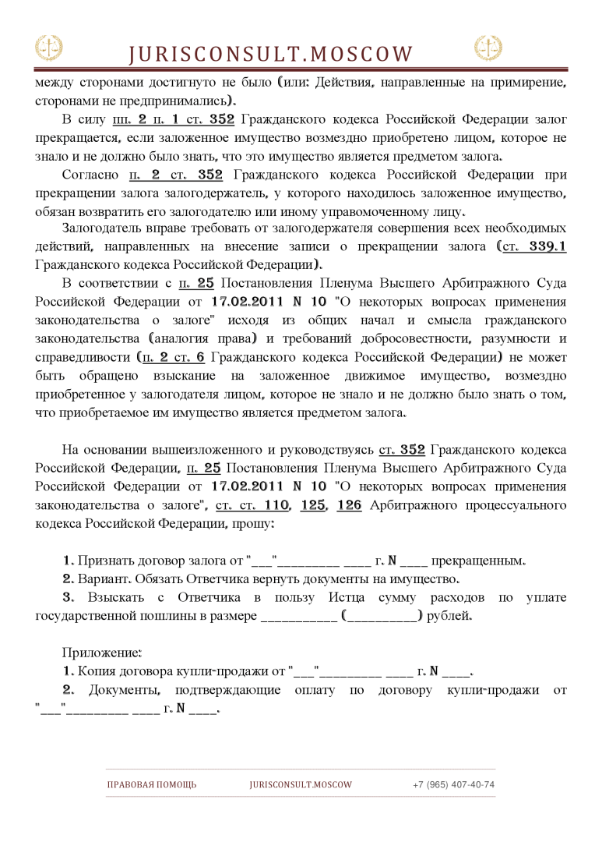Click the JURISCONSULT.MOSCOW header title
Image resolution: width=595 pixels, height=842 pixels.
pyautogui.click(x=270, y=53)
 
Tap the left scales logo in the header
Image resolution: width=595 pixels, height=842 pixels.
pyautogui.click(x=48, y=48)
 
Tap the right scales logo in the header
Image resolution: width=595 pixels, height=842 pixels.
pyautogui.click(x=488, y=48)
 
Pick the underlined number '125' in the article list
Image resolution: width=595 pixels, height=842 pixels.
pyautogui.click(x=312, y=505)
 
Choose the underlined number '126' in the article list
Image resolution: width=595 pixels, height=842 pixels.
pyautogui.click(x=349, y=505)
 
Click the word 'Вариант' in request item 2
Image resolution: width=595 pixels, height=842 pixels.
pyautogui.click(x=104, y=579)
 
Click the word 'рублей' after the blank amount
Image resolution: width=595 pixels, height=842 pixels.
pyautogui.click(x=449, y=616)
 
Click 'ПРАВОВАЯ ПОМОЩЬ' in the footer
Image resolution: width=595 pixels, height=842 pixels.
pyautogui.click(x=152, y=784)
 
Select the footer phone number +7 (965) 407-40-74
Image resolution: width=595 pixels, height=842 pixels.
pyautogui.click(x=453, y=784)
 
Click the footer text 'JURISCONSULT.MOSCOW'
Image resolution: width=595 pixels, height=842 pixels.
pyautogui.click(x=301, y=784)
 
